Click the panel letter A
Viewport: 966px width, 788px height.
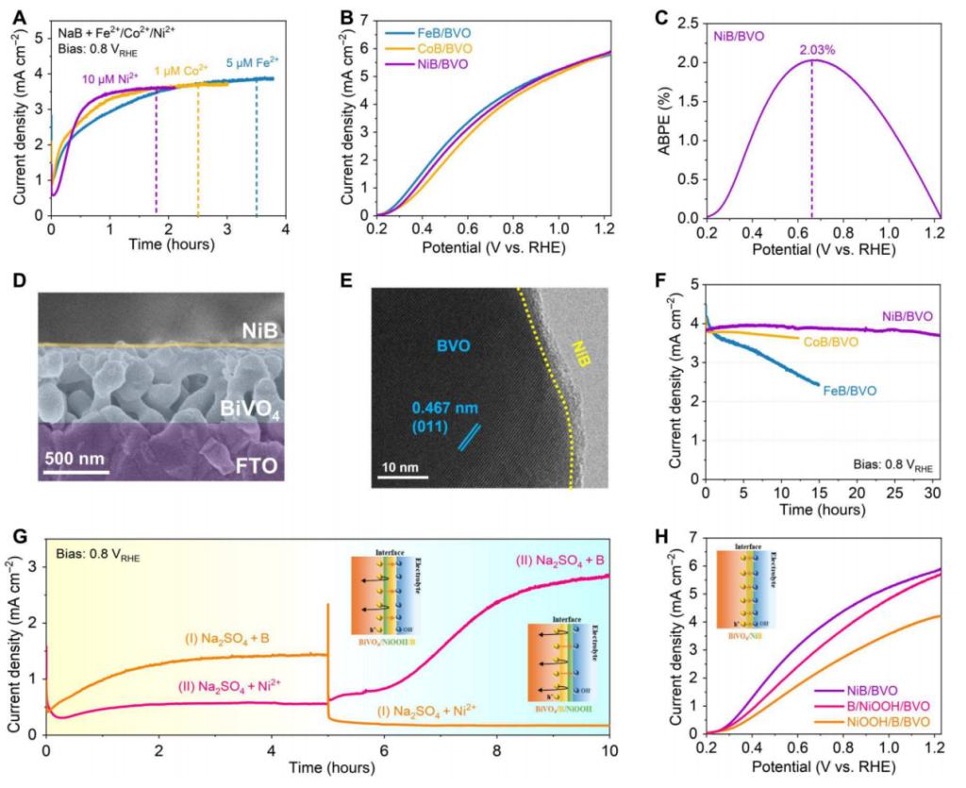[16, 17]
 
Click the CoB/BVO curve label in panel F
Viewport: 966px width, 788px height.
[829, 342]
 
